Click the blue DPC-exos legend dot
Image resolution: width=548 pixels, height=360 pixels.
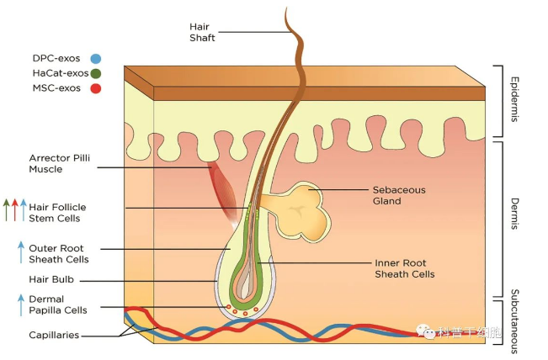(95, 59)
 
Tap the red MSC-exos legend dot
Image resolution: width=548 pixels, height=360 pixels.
(95, 87)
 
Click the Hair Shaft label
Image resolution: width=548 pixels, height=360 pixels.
(202, 32)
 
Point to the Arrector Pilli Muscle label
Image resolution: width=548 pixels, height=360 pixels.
(57, 162)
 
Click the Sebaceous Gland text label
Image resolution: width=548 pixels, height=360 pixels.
(399, 195)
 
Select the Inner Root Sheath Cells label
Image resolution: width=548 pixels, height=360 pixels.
(405, 268)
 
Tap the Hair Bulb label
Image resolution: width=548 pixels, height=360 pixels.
(50, 279)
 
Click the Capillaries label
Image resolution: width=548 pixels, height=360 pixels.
(55, 335)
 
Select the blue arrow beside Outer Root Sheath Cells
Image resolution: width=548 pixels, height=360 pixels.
(21, 252)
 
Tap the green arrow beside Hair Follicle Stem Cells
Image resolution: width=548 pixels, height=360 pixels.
(7, 208)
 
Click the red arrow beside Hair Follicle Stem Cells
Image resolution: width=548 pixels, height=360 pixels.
(15, 208)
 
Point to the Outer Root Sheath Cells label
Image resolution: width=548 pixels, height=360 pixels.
(59, 253)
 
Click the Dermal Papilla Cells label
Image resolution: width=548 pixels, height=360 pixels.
(58, 304)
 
